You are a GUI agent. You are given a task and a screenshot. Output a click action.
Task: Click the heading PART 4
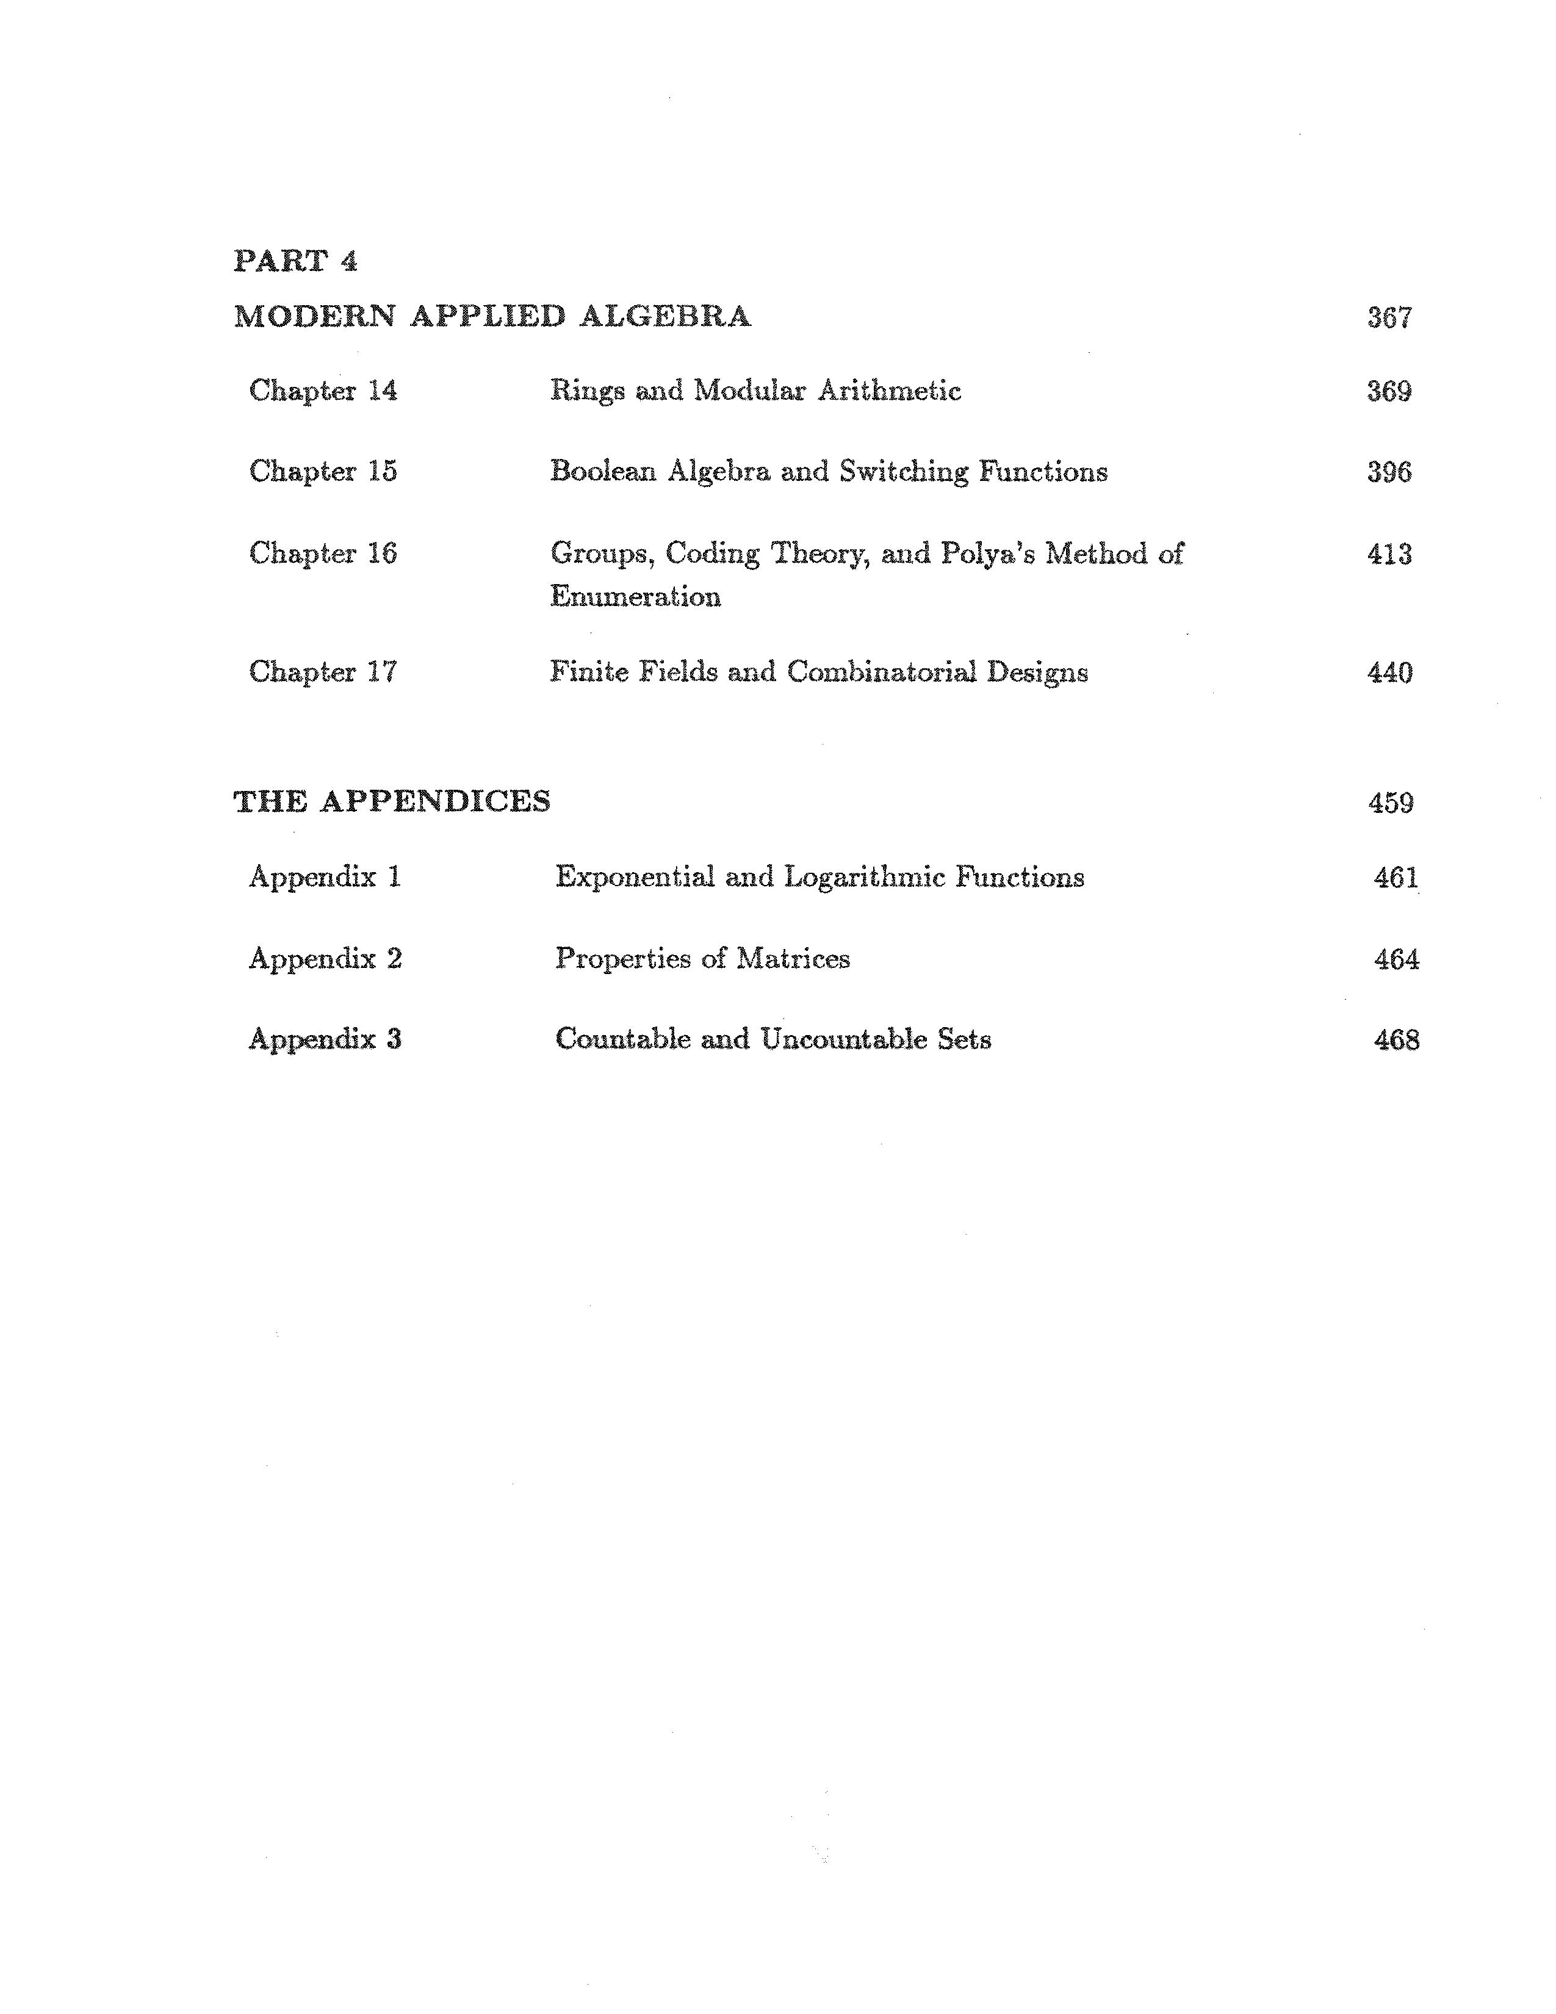tap(295, 261)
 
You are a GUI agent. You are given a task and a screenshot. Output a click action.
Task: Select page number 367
tap(1389, 317)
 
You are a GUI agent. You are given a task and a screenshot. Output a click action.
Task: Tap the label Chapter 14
tap(323, 391)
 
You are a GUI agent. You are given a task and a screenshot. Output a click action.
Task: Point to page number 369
tap(1389, 391)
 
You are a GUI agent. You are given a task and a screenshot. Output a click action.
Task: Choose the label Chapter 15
tap(323, 471)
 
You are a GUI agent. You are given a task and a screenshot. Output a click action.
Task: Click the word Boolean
tap(603, 471)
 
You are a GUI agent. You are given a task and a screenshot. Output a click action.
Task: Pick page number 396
tap(1389, 472)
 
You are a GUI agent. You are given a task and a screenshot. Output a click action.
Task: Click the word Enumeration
tap(635, 597)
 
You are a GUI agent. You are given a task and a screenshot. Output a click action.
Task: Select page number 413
tap(1389, 554)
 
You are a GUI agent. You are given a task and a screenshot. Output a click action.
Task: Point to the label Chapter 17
tap(323, 671)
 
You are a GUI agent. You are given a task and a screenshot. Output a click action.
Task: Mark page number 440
tap(1389, 673)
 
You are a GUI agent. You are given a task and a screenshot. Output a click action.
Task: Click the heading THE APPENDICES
tap(392, 801)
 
